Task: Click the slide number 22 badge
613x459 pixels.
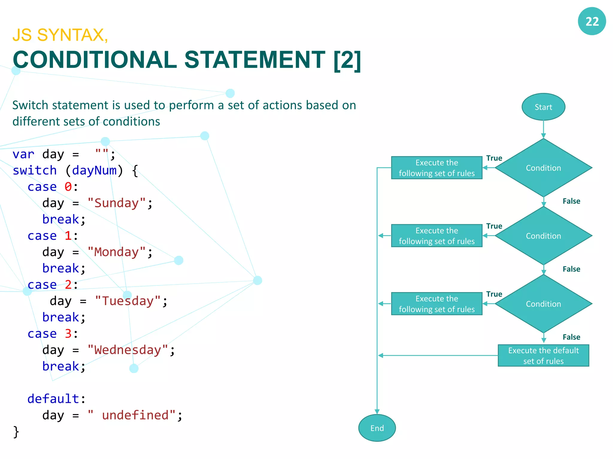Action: tap(591, 21)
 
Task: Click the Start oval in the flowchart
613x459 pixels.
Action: tap(543, 107)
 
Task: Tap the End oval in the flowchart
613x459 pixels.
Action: tap(377, 428)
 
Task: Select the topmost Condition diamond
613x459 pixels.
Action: tap(543, 168)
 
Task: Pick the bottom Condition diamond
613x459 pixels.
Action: tap(543, 304)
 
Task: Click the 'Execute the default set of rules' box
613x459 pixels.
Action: tap(543, 356)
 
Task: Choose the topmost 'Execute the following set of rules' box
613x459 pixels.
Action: tap(436, 168)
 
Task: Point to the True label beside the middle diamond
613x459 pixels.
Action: tap(494, 226)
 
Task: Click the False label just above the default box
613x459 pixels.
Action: tap(571, 337)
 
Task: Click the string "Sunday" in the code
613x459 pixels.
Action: tap(116, 203)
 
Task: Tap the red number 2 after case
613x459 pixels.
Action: tap(68, 285)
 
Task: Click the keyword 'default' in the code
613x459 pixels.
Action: tap(53, 399)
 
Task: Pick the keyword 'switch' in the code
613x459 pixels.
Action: tap(35, 171)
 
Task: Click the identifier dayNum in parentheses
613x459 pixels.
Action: tap(94, 171)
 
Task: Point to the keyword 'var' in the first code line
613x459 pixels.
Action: tap(23, 154)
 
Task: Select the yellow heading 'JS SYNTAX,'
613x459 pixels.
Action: tap(60, 35)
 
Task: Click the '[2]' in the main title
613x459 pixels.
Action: tap(347, 60)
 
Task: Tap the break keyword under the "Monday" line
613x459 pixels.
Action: tap(60, 268)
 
